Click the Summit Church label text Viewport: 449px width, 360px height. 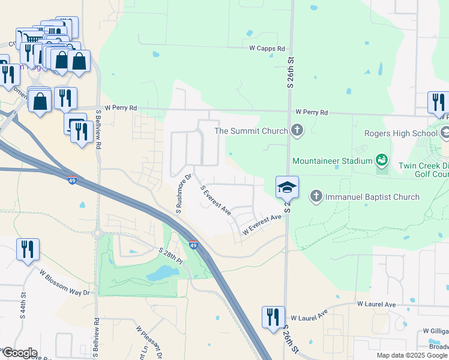click(250, 131)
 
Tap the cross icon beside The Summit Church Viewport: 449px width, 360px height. click(297, 130)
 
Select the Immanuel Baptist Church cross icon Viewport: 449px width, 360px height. click(316, 196)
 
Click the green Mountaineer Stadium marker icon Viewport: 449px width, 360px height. click(381, 160)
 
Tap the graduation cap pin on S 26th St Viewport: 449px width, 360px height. click(287, 188)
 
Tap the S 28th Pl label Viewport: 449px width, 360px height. click(170, 254)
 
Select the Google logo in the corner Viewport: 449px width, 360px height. click(19, 353)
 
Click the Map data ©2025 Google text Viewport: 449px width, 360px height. click(411, 355)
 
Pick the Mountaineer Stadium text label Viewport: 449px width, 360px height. click(332, 160)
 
